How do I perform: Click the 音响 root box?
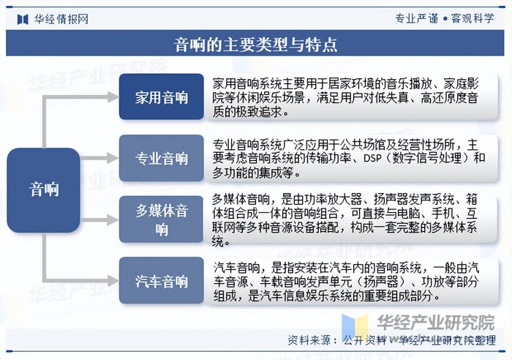[44, 189]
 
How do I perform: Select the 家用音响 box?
[162, 97]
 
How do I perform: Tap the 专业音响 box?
[162, 159]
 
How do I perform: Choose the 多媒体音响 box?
[162, 220]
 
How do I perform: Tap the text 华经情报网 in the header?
[61, 19]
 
